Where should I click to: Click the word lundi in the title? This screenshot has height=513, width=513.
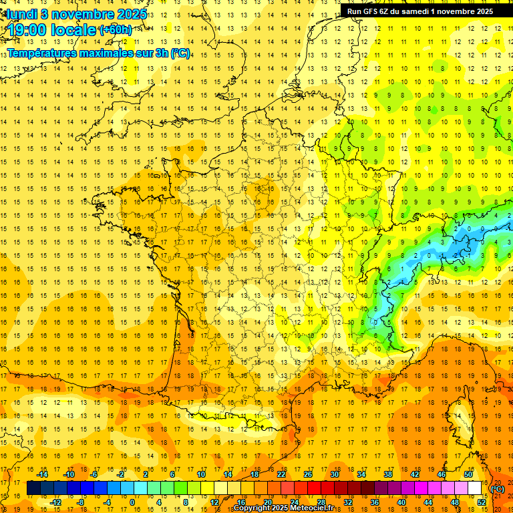(x=22, y=13)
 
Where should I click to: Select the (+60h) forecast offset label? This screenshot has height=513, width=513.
(x=115, y=30)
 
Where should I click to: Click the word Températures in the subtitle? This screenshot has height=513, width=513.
(x=47, y=53)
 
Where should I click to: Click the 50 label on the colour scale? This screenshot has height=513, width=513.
(x=468, y=474)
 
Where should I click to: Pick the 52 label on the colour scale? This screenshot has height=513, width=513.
(x=482, y=502)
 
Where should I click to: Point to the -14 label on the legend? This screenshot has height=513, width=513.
(x=42, y=474)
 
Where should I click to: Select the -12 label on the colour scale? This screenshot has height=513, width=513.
(x=55, y=502)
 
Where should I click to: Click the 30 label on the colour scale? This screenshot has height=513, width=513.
(x=334, y=474)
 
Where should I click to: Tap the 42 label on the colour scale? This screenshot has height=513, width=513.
(x=414, y=474)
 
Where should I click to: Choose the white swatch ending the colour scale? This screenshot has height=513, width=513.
(x=474, y=488)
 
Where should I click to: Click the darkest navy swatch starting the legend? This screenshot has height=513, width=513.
(x=33, y=488)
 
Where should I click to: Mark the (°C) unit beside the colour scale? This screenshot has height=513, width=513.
(x=498, y=489)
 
